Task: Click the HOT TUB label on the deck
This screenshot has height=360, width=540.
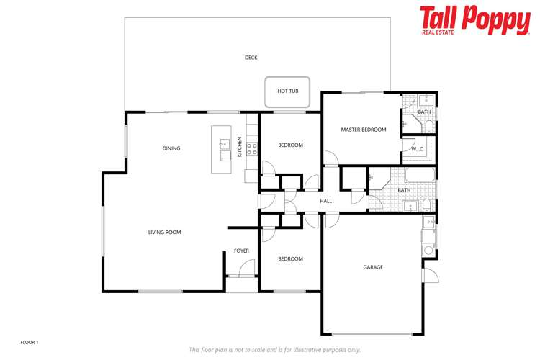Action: pos(287,91)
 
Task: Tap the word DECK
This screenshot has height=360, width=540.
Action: pos(251,58)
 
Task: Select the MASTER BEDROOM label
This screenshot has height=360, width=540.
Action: pos(364,130)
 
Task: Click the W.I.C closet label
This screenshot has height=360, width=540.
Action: pos(417,149)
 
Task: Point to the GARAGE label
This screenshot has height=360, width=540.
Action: pos(373,267)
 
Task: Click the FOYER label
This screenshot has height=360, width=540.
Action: pos(241,251)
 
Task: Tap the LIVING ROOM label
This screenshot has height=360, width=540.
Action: pos(164,232)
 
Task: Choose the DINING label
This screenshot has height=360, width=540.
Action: pos(171,148)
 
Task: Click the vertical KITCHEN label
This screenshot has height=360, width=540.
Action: pos(240,148)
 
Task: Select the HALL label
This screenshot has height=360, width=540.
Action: pos(325,201)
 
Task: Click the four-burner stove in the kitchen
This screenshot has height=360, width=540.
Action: pos(252,149)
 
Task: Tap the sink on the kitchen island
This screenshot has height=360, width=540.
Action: pos(224,143)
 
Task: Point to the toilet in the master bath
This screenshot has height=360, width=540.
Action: pos(428,127)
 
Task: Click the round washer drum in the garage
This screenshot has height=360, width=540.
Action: pos(428,250)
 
